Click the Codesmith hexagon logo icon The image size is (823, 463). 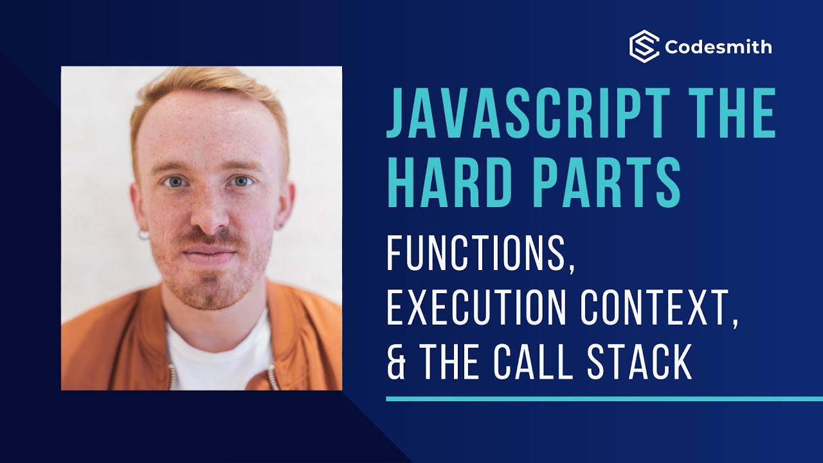click(644, 47)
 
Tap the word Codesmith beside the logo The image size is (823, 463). click(719, 48)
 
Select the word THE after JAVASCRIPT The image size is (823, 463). click(734, 115)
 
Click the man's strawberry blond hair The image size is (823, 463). click(206, 90)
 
